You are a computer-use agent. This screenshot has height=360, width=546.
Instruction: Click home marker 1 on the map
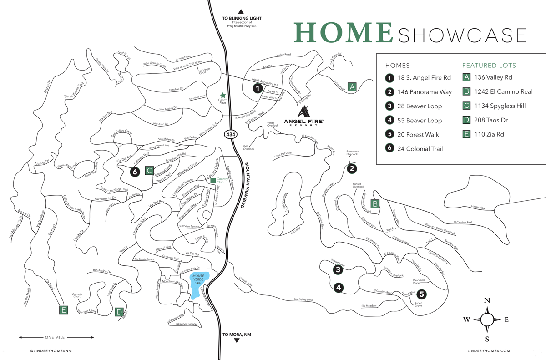tap(258, 88)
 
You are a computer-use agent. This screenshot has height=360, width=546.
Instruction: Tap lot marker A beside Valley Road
tap(351, 86)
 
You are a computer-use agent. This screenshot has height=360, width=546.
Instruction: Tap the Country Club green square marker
tap(212, 181)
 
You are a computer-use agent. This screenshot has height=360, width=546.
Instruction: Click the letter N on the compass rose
tap(487, 300)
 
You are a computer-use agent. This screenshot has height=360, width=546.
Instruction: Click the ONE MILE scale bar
tap(56, 337)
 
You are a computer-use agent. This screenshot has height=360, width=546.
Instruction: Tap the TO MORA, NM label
tap(237, 335)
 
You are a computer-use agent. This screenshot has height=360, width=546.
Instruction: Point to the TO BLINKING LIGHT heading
tap(241, 19)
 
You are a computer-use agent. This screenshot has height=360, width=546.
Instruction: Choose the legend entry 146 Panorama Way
tap(424, 92)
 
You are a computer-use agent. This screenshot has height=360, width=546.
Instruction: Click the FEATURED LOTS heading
tap(489, 65)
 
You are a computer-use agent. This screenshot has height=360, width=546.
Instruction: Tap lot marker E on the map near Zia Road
tap(63, 310)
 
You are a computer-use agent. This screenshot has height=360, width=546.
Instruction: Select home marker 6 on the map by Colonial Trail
tap(134, 172)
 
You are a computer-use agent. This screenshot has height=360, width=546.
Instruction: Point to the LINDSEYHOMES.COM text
tap(489, 351)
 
